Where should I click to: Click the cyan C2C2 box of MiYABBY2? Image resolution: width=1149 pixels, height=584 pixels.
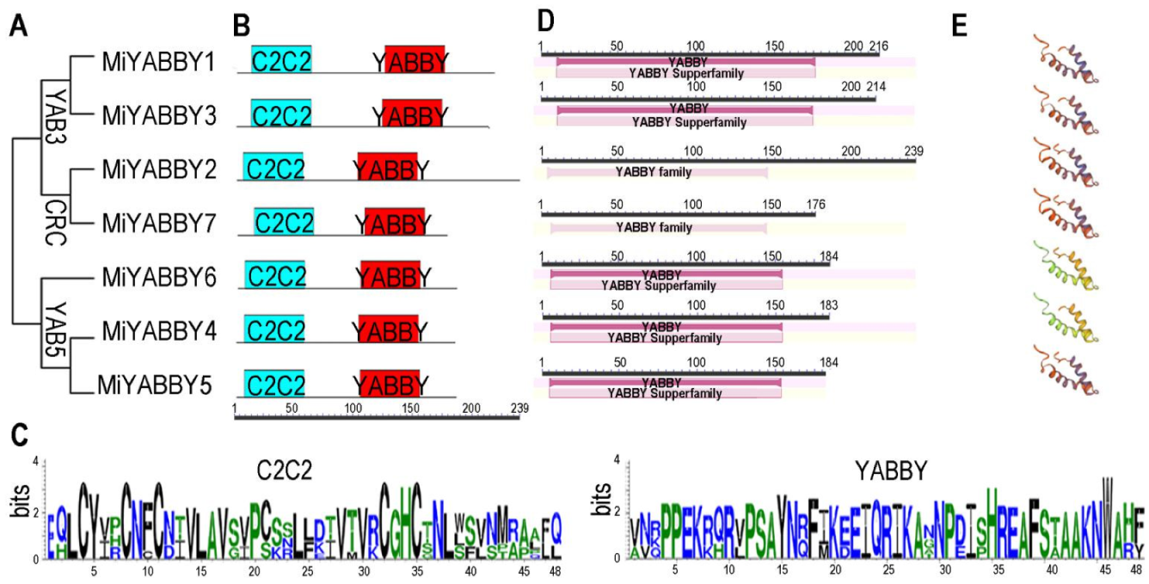(273, 168)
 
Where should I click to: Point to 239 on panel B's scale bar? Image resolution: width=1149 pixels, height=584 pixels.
(519, 407)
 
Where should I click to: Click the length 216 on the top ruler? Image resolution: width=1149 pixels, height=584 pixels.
(878, 45)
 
